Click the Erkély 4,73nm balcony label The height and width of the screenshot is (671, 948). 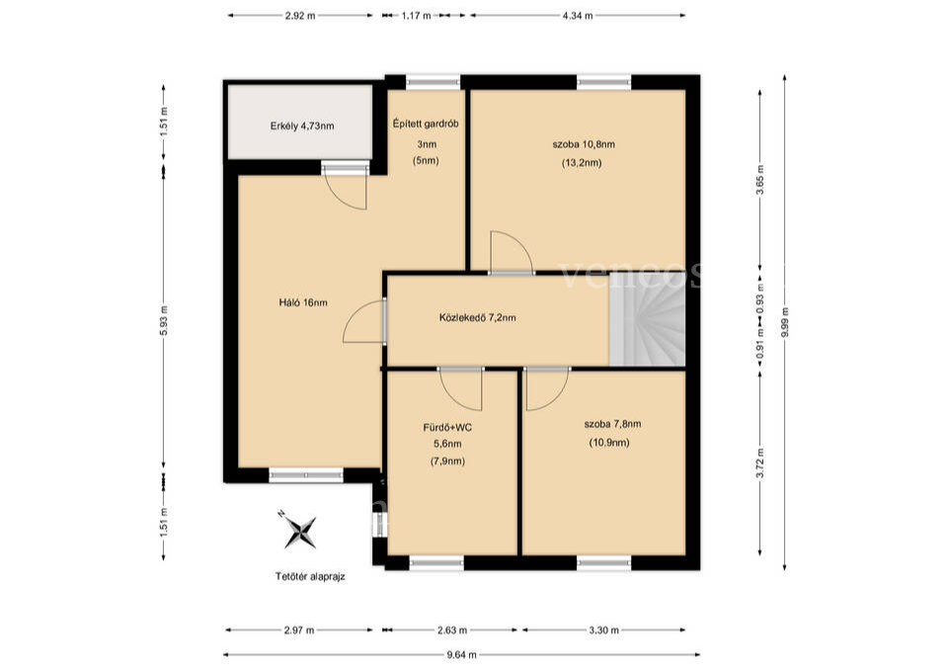tap(302, 126)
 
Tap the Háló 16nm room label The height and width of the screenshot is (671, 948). tap(303, 302)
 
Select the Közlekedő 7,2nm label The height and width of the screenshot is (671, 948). tap(478, 317)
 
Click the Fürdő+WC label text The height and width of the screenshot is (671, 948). tap(447, 428)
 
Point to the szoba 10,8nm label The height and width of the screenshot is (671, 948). tap(584, 144)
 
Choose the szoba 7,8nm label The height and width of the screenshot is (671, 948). tap(612, 424)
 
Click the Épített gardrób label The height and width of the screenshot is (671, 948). tap(426, 124)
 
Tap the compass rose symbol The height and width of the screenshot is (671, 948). tap(299, 532)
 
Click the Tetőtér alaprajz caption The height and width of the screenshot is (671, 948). tap(310, 576)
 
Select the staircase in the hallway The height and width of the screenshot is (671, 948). tap(647, 319)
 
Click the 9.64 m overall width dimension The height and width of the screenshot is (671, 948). tap(462, 654)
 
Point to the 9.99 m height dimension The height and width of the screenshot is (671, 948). tap(785, 322)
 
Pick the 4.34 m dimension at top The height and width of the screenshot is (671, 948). tap(578, 16)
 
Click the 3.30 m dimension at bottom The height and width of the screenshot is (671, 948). tap(604, 629)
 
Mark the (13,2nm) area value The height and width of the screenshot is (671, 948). tap(582, 163)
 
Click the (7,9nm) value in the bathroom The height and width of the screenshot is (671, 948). tap(447, 461)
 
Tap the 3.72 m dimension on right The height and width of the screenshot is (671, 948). tap(760, 462)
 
